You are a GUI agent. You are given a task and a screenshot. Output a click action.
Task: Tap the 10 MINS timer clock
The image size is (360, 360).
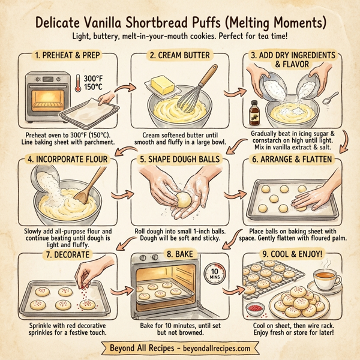click(x=215, y=274)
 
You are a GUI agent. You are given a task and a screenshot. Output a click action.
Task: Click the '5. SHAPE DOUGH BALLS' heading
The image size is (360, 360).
click(x=179, y=160)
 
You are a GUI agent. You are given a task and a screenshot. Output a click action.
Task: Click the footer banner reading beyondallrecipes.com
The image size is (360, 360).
click(x=180, y=348)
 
